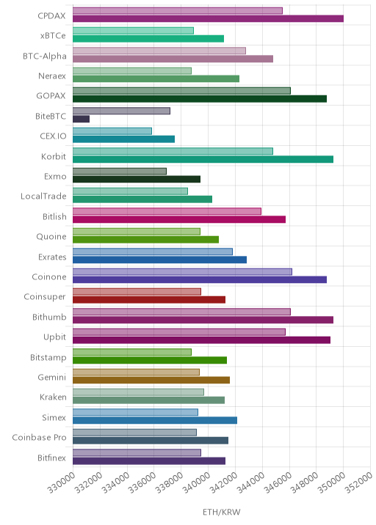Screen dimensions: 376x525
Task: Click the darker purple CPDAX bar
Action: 208,19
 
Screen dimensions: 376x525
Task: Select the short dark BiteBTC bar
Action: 82,119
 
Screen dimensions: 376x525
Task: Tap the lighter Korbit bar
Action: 173,151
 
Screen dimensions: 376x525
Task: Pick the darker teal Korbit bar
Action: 203,159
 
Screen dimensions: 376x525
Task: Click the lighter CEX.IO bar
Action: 112,131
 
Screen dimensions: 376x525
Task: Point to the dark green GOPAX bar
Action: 200,99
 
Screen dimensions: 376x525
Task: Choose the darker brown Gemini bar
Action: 151,380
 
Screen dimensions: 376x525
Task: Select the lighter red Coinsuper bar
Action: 137,292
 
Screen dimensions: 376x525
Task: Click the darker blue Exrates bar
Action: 159,260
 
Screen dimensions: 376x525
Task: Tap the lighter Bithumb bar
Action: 182,312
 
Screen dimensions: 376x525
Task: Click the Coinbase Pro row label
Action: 39,437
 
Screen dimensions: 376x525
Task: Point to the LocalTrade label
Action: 43,196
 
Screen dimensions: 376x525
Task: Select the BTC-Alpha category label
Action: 45,56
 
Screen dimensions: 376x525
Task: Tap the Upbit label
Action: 54,337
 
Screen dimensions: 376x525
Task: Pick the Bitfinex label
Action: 51,458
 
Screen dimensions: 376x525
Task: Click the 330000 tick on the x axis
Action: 62,482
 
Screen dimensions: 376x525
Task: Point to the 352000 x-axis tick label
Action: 358,482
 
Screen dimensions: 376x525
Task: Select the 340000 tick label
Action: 197,482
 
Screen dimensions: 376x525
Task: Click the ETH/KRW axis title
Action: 221,512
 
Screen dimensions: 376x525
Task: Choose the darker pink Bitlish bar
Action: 179,220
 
